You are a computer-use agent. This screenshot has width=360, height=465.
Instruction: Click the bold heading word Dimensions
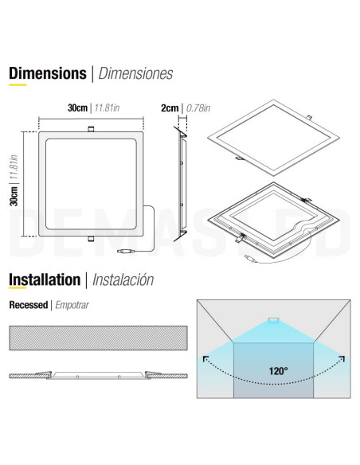point(48,73)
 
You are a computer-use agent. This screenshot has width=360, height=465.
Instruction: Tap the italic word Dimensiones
point(135,73)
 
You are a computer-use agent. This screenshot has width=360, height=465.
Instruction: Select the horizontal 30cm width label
point(77,107)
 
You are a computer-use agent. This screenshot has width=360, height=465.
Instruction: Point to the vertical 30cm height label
point(14,196)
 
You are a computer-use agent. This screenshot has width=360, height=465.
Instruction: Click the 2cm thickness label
point(170,108)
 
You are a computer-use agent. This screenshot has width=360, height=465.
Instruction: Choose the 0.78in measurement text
point(198,108)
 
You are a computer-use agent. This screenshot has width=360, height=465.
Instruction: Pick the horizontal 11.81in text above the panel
point(107,107)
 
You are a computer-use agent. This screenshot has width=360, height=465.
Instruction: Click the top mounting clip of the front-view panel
point(91,129)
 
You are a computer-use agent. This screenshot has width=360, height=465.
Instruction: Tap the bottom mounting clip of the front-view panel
point(91,239)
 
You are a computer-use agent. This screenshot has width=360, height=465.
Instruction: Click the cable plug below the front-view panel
point(127,251)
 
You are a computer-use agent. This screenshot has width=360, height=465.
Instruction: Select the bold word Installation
point(45,279)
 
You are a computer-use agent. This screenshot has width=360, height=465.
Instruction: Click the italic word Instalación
point(123,279)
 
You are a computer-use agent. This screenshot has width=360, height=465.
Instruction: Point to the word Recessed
point(28,305)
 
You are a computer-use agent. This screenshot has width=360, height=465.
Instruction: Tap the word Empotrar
point(72,305)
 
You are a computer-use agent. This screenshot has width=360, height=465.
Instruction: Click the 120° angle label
point(278,371)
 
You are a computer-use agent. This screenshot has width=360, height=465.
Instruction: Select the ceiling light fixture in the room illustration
point(273,320)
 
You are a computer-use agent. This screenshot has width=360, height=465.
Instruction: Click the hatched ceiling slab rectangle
point(98,338)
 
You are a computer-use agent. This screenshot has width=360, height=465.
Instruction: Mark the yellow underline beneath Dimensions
point(18,85)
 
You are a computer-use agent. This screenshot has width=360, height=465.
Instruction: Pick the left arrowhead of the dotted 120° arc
point(205,359)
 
